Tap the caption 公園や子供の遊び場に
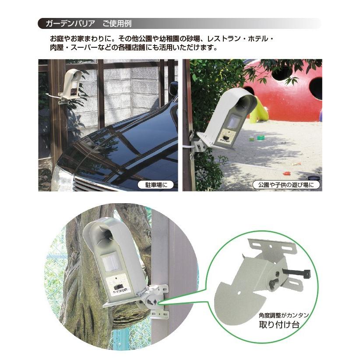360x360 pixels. tap(286, 185)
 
